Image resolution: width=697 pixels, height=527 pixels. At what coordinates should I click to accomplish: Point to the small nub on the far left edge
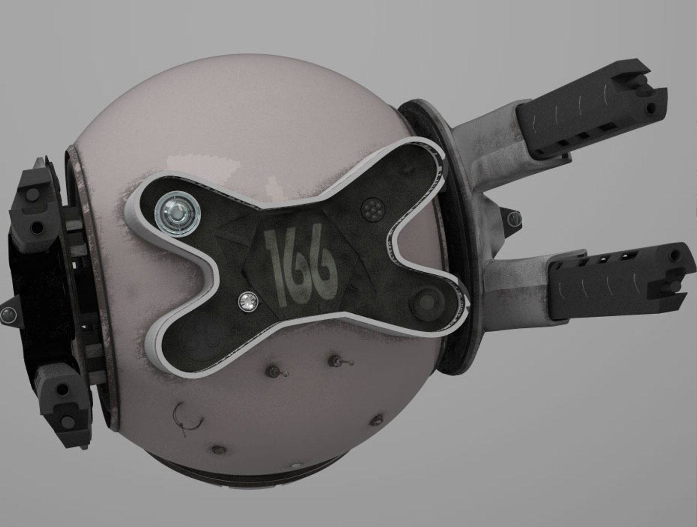point(8,315)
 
